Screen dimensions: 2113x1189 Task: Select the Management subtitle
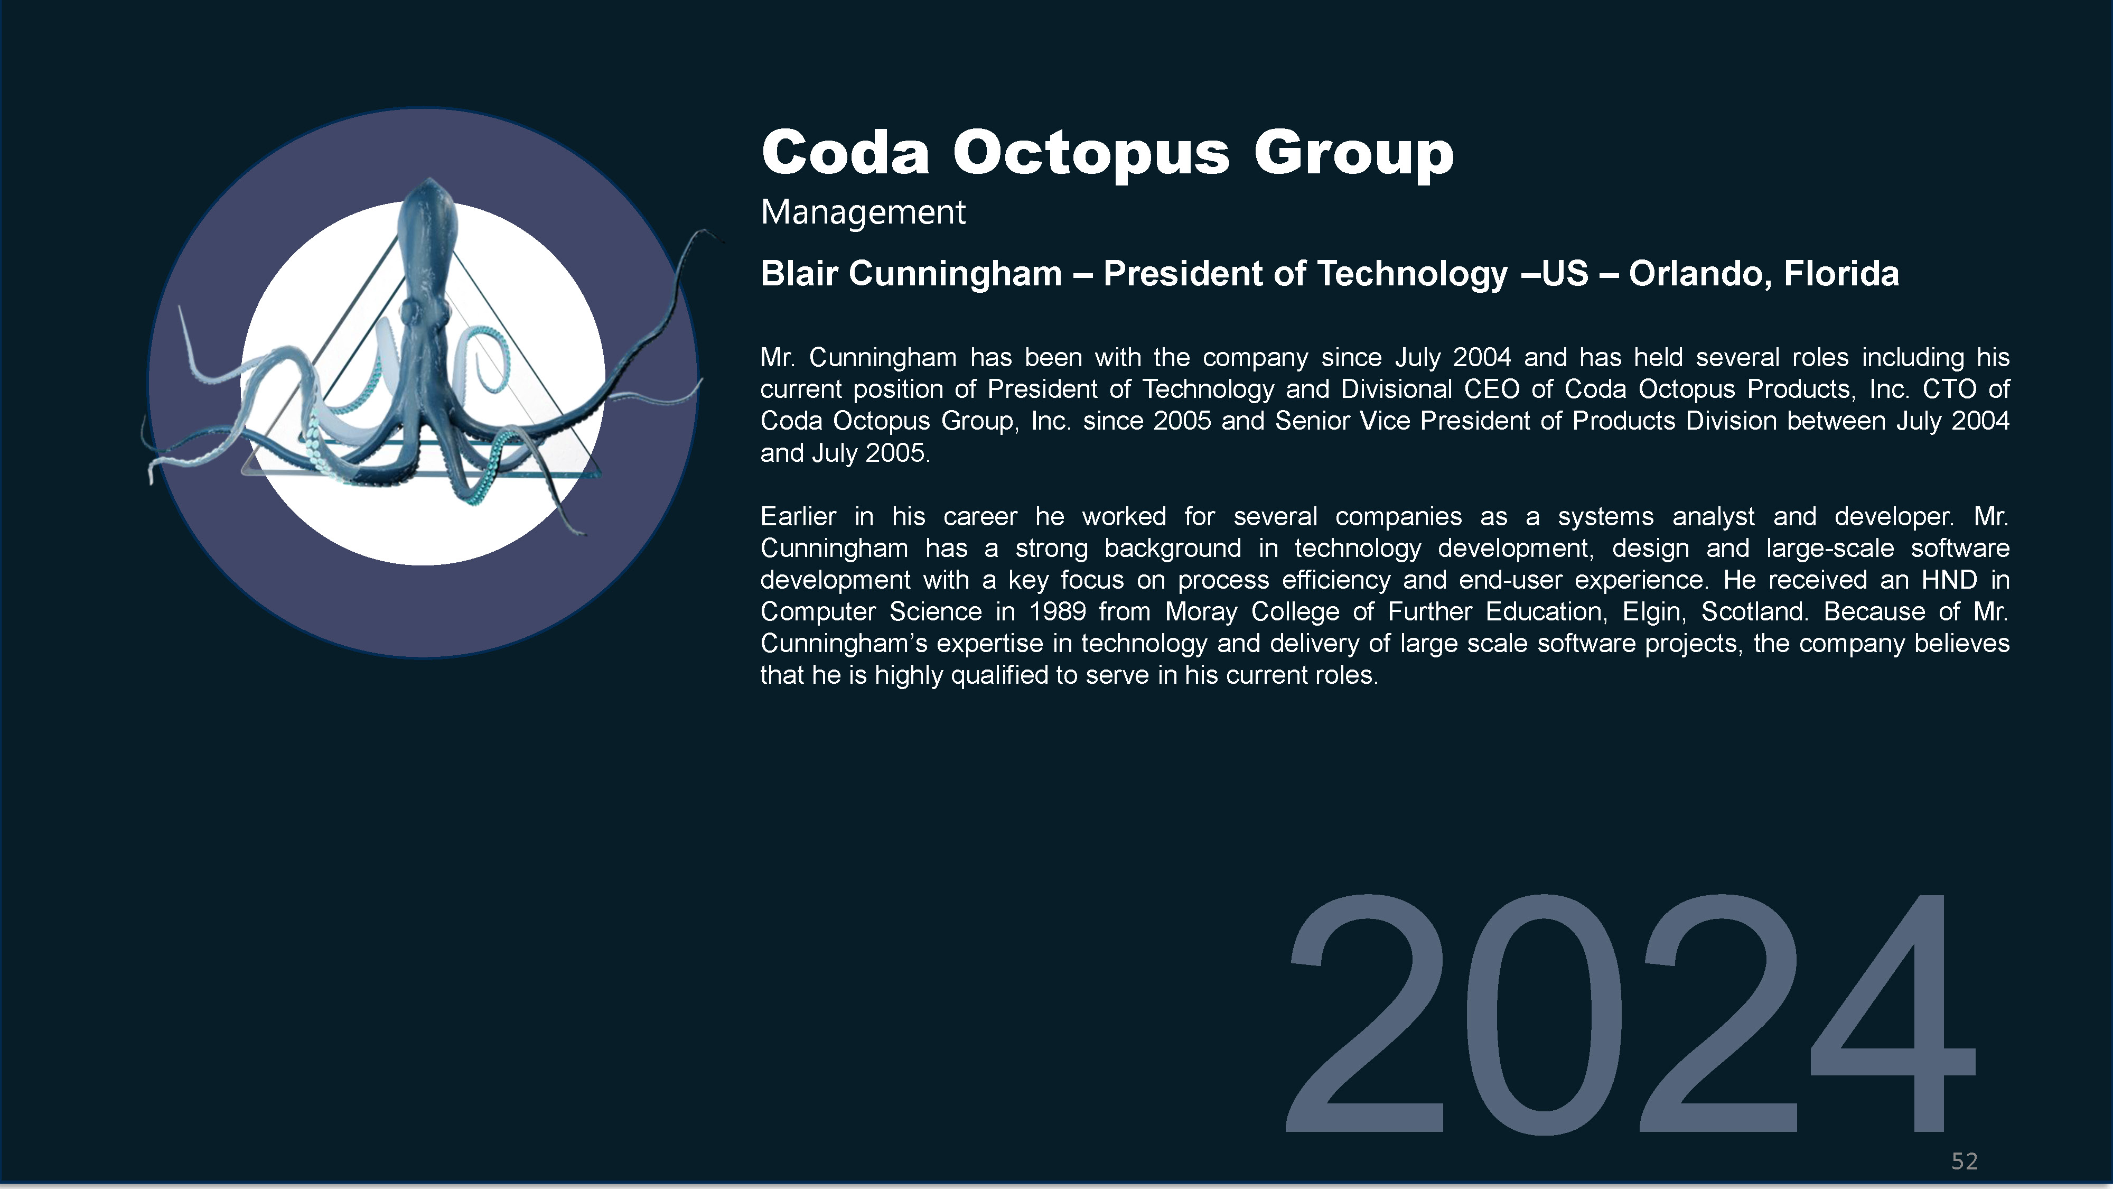[x=863, y=212]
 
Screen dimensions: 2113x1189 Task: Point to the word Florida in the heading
[x=1841, y=273]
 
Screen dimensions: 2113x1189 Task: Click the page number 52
[x=1965, y=1161]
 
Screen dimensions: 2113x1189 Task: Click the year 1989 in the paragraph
[x=1058, y=612]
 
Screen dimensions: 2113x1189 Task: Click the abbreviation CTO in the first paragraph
[x=1949, y=389]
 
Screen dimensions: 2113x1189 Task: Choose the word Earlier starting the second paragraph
[x=798, y=517]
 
